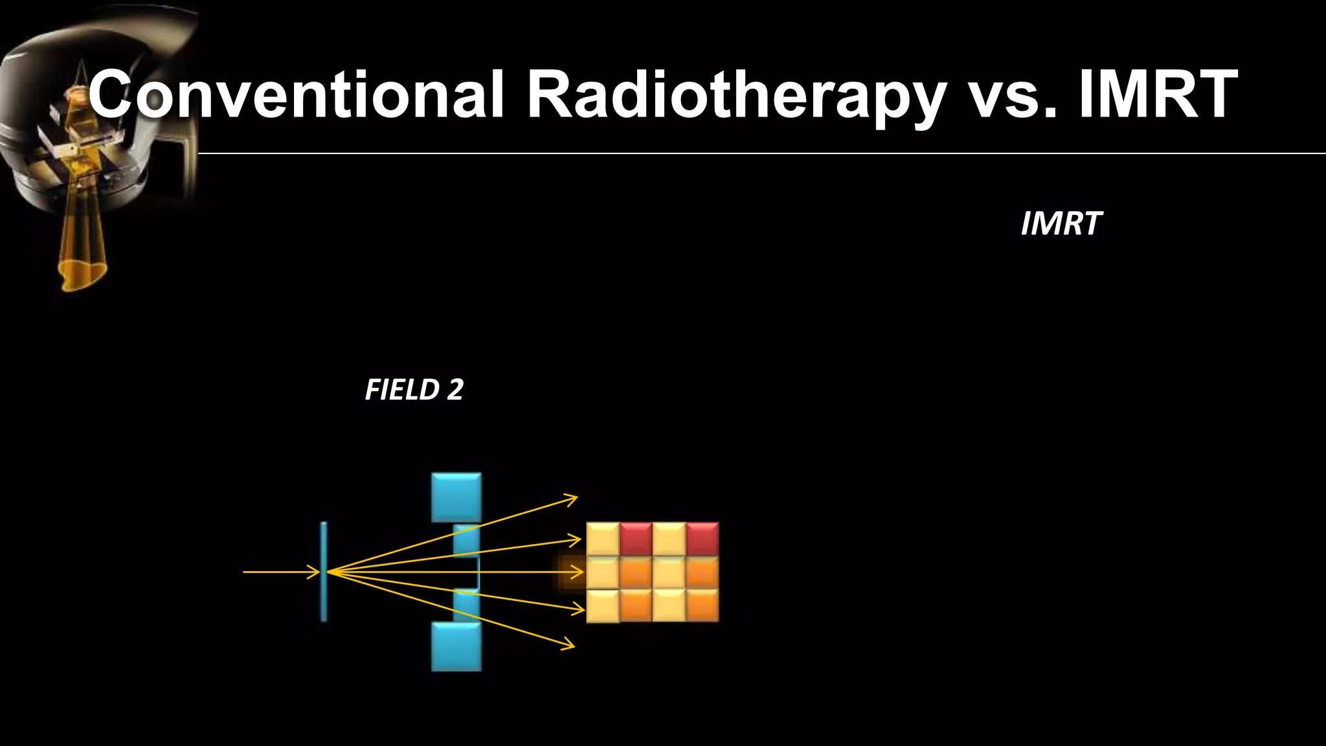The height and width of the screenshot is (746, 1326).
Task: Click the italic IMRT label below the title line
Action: tap(1061, 224)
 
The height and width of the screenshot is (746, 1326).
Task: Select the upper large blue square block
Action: tap(456, 497)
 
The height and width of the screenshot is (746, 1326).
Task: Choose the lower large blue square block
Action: tap(456, 646)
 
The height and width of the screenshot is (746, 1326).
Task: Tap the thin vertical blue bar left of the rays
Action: tap(324, 571)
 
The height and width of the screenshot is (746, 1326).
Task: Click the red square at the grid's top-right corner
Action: tap(702, 539)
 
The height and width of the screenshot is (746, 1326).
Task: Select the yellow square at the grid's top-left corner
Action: tap(603, 539)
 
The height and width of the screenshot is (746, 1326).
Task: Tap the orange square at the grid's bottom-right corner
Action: tap(702, 605)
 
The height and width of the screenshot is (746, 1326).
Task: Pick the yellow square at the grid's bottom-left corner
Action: tap(603, 605)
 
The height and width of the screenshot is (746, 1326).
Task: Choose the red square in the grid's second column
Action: tap(636, 539)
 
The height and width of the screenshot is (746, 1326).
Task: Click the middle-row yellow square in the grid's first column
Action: tap(603, 572)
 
